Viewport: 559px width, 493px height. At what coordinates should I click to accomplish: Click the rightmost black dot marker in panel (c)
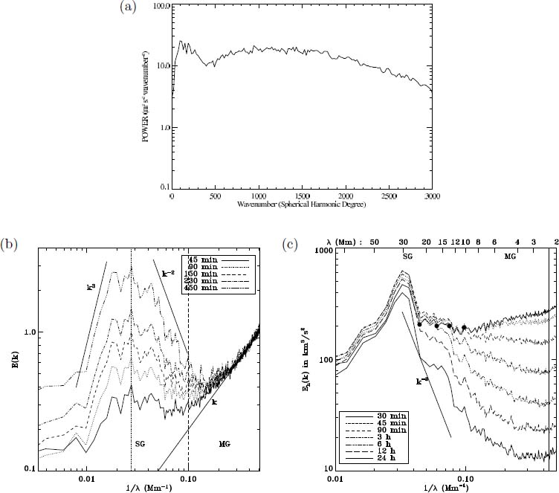coord(464,327)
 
